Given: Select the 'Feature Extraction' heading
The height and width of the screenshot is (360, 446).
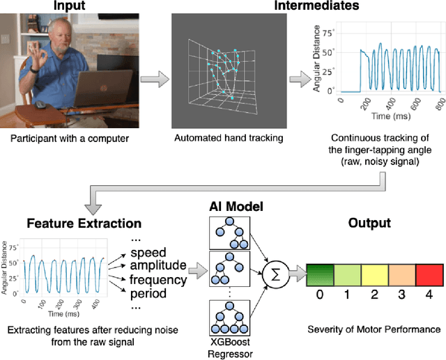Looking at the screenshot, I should tap(84, 224).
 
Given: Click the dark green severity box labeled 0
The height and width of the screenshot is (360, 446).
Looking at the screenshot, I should tap(319, 274).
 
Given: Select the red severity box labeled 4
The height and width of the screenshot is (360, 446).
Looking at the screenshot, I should tap(429, 274).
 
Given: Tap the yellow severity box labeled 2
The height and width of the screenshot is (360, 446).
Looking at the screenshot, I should tap(374, 274).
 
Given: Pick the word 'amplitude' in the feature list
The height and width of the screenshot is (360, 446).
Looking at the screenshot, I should tap(158, 265).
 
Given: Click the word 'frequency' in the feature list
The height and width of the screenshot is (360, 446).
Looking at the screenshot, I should tap(158, 280).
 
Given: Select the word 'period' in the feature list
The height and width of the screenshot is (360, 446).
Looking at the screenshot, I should tap(149, 294).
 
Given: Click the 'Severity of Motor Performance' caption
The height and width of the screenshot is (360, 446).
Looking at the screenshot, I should tap(374, 328).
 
